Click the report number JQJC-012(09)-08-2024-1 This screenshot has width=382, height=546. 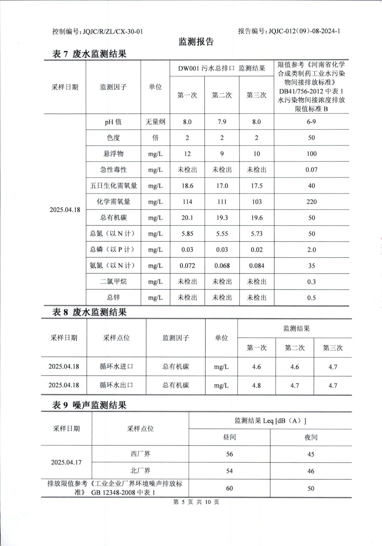pos(304,31)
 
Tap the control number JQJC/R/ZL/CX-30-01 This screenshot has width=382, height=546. pos(112,31)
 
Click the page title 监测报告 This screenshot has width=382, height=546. pos(196,42)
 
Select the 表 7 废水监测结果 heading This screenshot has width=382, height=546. pos(89,54)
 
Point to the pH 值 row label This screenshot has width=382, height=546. pos(113,122)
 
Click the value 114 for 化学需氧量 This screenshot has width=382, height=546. pos(187,202)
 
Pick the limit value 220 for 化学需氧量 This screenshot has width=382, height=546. pos(311,202)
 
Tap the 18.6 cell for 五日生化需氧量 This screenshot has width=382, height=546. pos(187,186)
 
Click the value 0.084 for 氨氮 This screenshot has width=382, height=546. pos(257,265)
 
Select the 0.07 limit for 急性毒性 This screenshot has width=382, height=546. pos(311,170)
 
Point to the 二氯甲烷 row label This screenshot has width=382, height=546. pos(113,282)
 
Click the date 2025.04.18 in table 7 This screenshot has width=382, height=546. pos(65,210)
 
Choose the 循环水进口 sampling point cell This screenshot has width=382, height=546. pos(116,367)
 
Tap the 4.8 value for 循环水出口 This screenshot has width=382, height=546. pos(256,385)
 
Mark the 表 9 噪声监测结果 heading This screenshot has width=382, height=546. pos(89,405)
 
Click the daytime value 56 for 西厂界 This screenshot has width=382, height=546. pos(229,454)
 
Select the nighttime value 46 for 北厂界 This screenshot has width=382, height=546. pos(311,471)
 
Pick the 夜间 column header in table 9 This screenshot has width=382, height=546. pos(311,437)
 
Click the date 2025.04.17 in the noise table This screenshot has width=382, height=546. pos(66,462)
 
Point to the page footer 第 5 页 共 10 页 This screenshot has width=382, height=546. pos(196,502)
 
